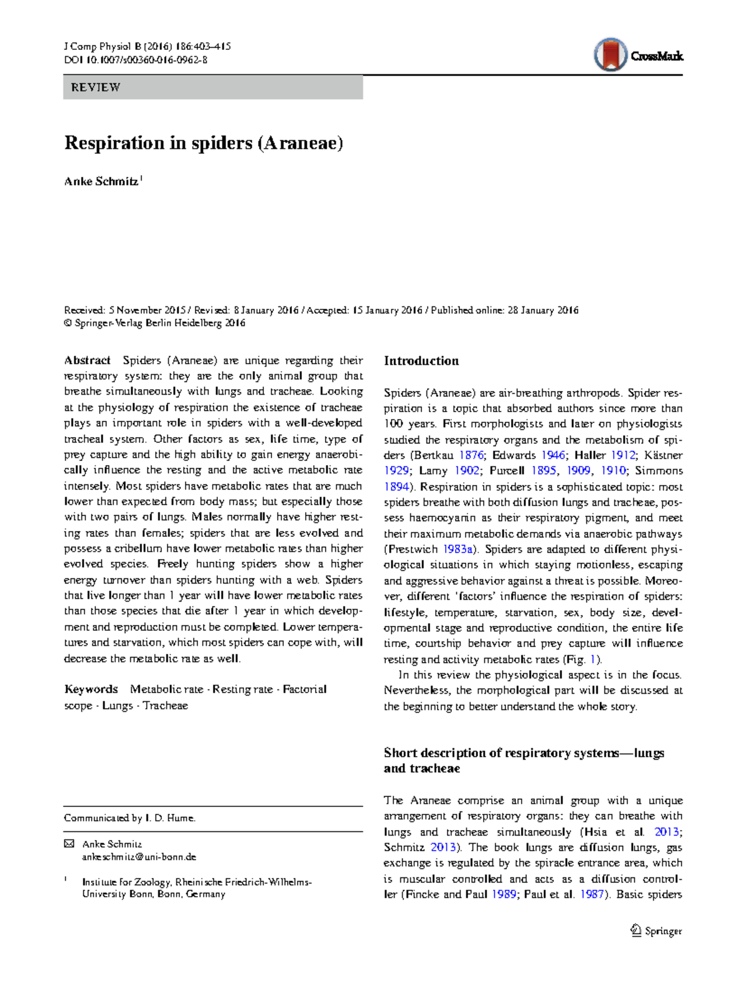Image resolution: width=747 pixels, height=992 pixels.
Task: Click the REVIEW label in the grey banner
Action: click(x=95, y=87)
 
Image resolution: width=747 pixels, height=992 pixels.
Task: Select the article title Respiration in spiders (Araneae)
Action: click(x=204, y=143)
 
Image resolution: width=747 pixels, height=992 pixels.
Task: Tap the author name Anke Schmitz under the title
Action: click(x=101, y=182)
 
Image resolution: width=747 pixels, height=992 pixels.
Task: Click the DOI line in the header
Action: click(x=136, y=60)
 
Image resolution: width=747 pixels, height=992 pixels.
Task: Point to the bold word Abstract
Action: click(x=87, y=361)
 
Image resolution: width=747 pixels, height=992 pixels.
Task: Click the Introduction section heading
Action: click(x=421, y=361)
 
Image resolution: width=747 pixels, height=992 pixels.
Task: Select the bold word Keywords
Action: click(x=91, y=689)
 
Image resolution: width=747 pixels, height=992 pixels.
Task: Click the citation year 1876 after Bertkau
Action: click(x=471, y=455)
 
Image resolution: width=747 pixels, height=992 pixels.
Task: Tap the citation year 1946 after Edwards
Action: click(x=553, y=455)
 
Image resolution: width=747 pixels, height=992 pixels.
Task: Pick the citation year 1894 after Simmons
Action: click(x=397, y=487)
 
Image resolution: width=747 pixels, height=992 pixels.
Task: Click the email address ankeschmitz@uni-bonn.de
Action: click(x=139, y=857)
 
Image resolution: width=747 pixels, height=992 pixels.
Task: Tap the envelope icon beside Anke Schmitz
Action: click(x=69, y=844)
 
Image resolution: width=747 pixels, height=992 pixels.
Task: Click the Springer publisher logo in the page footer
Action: click(x=656, y=931)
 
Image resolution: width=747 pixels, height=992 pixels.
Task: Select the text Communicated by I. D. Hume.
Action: click(x=129, y=818)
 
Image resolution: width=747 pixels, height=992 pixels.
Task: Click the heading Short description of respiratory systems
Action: click(x=524, y=753)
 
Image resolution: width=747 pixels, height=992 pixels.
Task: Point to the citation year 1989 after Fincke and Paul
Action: click(x=504, y=894)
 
